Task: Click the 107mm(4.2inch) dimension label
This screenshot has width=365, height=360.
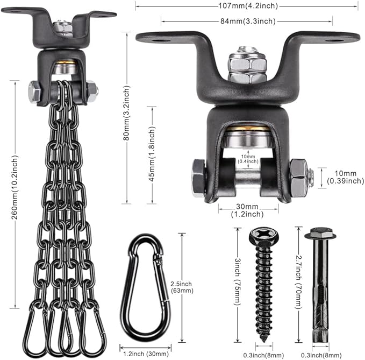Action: tap(248, 6)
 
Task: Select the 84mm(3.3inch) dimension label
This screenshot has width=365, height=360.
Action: tap(248, 22)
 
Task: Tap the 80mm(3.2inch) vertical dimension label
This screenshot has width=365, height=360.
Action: tap(126, 113)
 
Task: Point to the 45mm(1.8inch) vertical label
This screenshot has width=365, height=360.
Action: tap(152, 154)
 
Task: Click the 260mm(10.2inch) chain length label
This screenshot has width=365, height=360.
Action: tap(15, 187)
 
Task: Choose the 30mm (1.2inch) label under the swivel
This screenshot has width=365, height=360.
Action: tap(247, 210)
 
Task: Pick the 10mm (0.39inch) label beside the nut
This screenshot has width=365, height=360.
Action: tap(346, 177)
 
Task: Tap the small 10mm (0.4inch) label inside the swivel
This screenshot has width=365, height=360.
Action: tap(248, 159)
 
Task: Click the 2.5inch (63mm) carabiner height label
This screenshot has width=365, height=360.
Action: tap(182, 287)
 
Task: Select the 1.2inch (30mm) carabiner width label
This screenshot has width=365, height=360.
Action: tap(146, 354)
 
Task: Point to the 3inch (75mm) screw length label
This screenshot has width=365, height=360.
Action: tap(237, 281)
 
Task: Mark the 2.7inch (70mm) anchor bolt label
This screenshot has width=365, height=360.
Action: tap(299, 283)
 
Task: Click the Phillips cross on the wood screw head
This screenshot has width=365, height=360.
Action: tap(264, 234)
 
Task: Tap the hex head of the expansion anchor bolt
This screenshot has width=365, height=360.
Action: tap(320, 233)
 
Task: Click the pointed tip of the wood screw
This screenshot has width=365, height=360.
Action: tap(264, 341)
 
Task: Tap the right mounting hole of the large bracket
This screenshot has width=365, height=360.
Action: tap(332, 41)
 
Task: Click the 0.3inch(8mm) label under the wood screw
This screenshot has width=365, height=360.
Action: tap(263, 355)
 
